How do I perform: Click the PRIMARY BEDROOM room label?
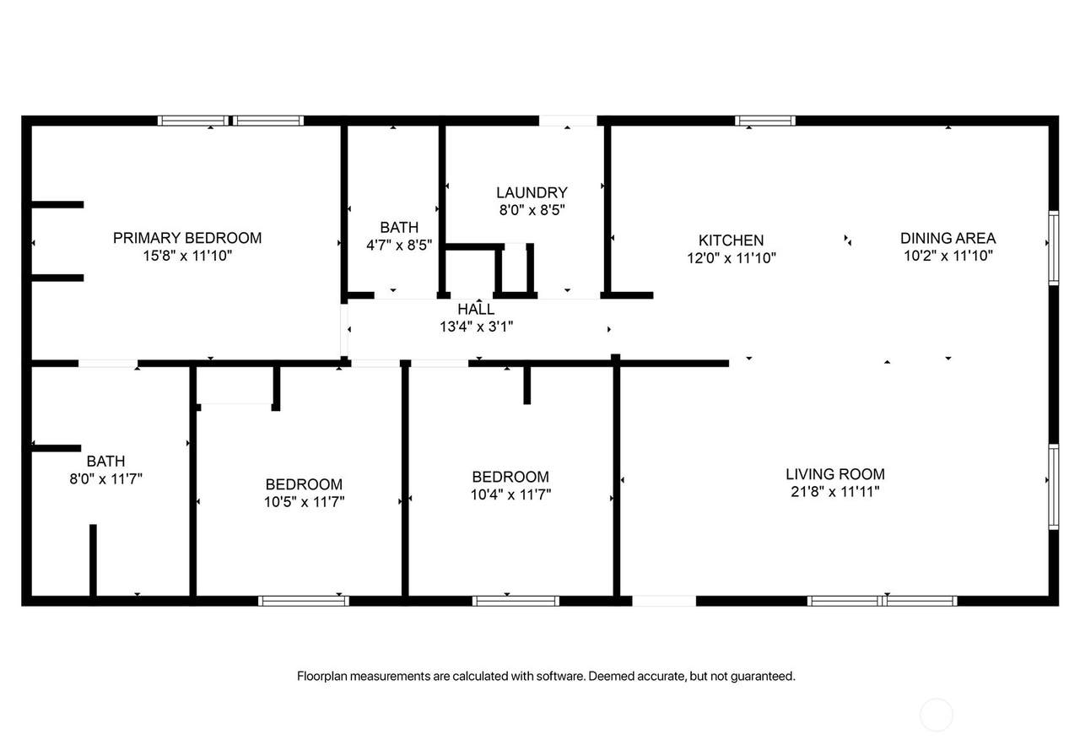pyautogui.click(x=187, y=238)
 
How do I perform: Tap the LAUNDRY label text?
pyautogui.click(x=532, y=193)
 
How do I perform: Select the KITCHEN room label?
pyautogui.click(x=731, y=240)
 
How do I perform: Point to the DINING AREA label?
pyautogui.click(x=948, y=238)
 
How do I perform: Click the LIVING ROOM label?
pyautogui.click(x=835, y=474)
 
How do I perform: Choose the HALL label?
pyautogui.click(x=476, y=309)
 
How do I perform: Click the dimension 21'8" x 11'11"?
pyautogui.click(x=835, y=492)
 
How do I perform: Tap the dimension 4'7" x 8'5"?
pyautogui.click(x=399, y=246)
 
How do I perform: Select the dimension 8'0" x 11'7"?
pyautogui.click(x=106, y=478)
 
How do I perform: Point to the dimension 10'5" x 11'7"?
pyautogui.click(x=305, y=502)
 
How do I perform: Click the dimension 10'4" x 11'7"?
pyautogui.click(x=510, y=494)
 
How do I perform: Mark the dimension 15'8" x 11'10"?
pyautogui.click(x=187, y=256)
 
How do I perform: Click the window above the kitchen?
pyautogui.click(x=765, y=121)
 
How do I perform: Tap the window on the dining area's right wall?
pyautogui.click(x=1054, y=248)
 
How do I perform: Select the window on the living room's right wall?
pyautogui.click(x=1054, y=487)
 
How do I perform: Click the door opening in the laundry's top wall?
pyautogui.click(x=568, y=121)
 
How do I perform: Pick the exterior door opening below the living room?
pyautogui.click(x=664, y=601)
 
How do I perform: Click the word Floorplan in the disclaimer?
pyautogui.click(x=321, y=677)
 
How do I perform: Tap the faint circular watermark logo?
pyautogui.click(x=937, y=715)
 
